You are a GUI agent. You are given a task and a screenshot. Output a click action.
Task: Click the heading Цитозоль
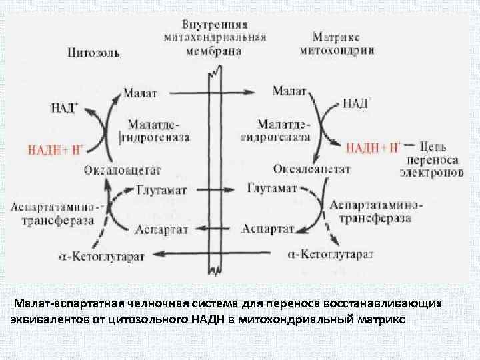click(x=93, y=53)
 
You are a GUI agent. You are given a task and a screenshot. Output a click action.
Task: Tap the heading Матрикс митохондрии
click(x=337, y=44)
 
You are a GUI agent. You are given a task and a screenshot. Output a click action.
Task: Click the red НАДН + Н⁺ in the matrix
click(x=373, y=147)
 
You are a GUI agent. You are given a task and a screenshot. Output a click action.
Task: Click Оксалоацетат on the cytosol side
click(x=123, y=171)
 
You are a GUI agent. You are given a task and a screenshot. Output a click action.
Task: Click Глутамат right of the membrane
click(x=272, y=189)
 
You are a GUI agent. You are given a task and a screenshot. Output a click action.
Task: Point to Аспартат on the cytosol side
click(x=161, y=229)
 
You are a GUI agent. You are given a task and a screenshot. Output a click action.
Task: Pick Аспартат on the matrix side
click(x=269, y=229)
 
